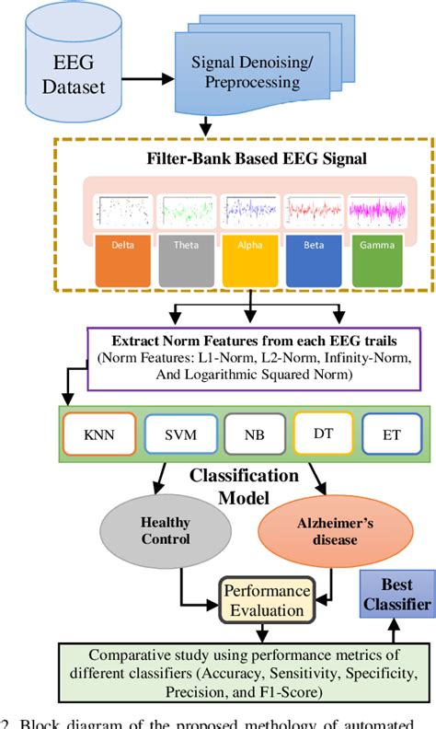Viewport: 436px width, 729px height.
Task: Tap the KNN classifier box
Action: pyautogui.click(x=98, y=434)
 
